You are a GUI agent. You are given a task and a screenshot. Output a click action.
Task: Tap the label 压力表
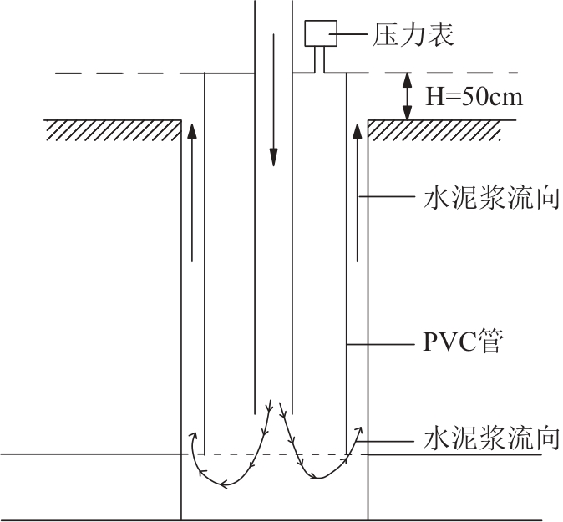point(413,35)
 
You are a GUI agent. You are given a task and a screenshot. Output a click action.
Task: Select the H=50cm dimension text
point(474,97)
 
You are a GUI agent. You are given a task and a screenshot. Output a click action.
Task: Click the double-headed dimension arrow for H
point(407,97)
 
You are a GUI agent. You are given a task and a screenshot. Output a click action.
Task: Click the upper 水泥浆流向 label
point(491,197)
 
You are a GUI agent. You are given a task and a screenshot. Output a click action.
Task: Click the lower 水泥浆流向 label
point(491,438)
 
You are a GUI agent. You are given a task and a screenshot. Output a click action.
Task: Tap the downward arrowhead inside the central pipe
point(274,157)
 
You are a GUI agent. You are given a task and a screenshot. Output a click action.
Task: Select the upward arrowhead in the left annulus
point(192,131)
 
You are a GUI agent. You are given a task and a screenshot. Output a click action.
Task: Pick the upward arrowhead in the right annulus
point(357,131)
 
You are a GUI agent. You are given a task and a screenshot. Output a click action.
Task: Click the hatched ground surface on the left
point(113,130)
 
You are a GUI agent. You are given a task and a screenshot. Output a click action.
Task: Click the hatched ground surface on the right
point(434,130)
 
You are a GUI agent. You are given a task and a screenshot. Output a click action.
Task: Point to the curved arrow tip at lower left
point(195,435)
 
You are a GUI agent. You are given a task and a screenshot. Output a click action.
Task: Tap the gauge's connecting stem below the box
point(320,59)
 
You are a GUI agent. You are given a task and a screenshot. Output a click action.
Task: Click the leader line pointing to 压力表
point(348,34)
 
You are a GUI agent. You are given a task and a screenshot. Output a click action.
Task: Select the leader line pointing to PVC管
point(381,345)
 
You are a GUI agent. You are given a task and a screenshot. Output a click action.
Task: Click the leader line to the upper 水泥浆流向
point(387,196)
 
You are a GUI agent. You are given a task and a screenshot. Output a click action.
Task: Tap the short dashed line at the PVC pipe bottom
point(276,454)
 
